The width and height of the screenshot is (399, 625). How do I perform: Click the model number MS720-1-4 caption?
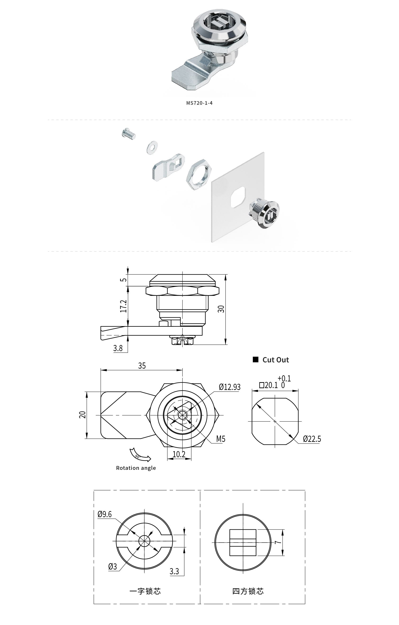click(x=199, y=103)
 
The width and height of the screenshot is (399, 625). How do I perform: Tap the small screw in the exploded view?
click(x=128, y=134)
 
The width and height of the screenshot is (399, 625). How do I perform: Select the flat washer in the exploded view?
click(x=152, y=147)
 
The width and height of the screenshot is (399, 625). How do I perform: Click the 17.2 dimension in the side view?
click(x=124, y=306)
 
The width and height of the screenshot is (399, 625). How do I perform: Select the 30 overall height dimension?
click(x=221, y=309)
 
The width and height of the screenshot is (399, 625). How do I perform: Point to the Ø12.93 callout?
click(x=230, y=387)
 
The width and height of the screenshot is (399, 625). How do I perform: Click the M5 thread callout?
click(x=221, y=439)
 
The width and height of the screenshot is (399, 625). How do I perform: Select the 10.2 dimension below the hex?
click(x=179, y=454)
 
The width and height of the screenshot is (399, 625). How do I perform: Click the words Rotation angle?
click(x=136, y=468)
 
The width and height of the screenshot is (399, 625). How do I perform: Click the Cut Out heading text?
click(x=275, y=360)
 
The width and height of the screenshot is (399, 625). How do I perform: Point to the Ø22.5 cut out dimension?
click(x=312, y=439)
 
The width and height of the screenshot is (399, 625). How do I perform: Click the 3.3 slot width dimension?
click(x=174, y=571)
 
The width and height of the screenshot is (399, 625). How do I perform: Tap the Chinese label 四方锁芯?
click(x=248, y=591)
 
